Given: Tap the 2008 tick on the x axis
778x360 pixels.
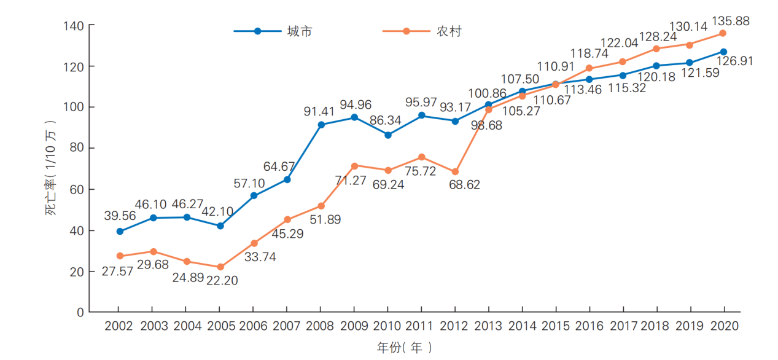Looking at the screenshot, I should click(321, 326).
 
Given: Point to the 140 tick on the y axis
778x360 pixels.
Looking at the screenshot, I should click(74, 26).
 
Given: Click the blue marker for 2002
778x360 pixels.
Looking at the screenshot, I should click(120, 231).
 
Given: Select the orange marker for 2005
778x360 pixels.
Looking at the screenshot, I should click(220, 267).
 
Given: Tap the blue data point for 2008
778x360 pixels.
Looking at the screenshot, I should click(321, 125).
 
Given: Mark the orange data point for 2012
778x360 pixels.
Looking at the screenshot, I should click(455, 171).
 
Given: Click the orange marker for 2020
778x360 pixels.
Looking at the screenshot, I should click(723, 33).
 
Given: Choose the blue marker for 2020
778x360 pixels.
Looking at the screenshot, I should click(723, 52).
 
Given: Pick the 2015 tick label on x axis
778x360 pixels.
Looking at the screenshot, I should click(555, 326).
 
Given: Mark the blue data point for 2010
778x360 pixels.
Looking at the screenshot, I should click(388, 135).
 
